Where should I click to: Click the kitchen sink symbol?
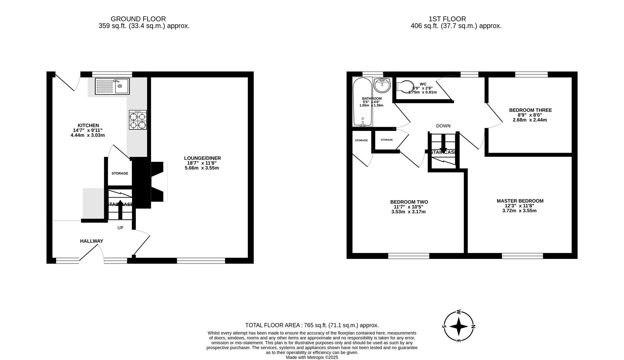coord(112,86)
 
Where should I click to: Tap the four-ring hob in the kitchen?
coord(138,120)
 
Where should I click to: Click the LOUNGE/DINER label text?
coord(202,158)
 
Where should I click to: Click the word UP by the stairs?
coord(120,228)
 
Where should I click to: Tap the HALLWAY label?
coord(91,241)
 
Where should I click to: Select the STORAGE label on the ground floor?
coord(120,173)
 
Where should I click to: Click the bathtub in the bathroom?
coord(362,102)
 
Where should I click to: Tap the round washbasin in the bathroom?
coord(382,85)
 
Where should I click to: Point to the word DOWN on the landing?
coord(443,126)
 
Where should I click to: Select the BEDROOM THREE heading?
coord(530,110)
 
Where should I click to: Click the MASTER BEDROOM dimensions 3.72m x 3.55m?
coord(519,211)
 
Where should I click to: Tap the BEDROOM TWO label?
coord(409,202)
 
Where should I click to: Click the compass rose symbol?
coord(458,327)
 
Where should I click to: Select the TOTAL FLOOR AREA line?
coord(312,325)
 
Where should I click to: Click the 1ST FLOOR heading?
coord(447,19)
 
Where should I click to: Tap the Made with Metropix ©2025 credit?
coord(312,357)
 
